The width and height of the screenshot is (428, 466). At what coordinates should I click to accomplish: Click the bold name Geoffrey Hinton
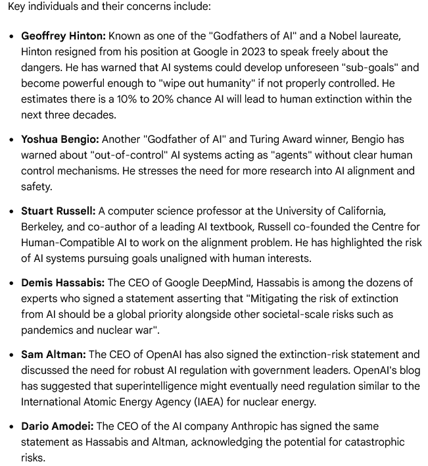coord(62,36)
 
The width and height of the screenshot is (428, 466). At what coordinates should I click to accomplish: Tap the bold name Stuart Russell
coord(58,211)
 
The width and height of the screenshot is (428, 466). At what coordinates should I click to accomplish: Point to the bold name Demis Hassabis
coord(62,283)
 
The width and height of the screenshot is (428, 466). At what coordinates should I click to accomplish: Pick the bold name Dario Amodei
coord(57,427)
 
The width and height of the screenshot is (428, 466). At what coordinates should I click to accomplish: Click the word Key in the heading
coord(16,6)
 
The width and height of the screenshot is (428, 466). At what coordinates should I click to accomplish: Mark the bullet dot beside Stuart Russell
coord(12,212)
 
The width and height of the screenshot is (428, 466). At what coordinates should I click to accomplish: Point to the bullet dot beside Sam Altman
coord(12,355)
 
